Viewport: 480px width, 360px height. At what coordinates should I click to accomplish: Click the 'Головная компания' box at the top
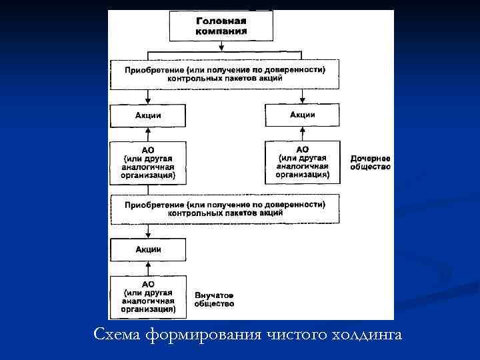(x=221, y=26)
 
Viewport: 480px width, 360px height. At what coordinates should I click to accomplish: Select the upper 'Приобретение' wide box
(x=225, y=74)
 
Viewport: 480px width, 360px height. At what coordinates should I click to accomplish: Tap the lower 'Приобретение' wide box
(x=225, y=209)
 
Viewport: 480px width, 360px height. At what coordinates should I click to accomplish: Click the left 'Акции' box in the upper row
(x=148, y=115)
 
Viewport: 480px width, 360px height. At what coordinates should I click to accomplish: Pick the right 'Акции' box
(x=302, y=115)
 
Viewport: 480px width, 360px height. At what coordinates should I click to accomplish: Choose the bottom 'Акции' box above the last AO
(x=148, y=249)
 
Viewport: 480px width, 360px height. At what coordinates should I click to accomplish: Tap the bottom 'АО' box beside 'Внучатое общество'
(x=148, y=297)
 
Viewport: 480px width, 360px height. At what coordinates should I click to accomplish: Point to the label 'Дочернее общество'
(x=370, y=163)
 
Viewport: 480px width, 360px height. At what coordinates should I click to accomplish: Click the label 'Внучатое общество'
(x=214, y=299)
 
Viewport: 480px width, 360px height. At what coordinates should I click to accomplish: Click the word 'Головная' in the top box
(x=221, y=21)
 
